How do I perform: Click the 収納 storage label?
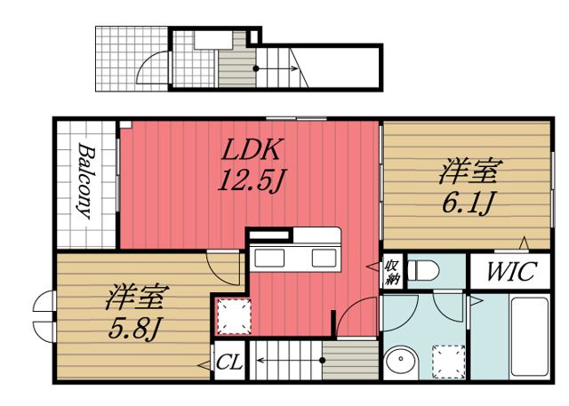pyautogui.click(x=392, y=272)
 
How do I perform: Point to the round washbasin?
pyautogui.click(x=402, y=363)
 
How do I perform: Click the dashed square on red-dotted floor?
pyautogui.click(x=234, y=316)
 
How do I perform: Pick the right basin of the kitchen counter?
pyautogui.click(x=320, y=259)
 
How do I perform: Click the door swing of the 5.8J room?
pyautogui.click(x=220, y=267)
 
